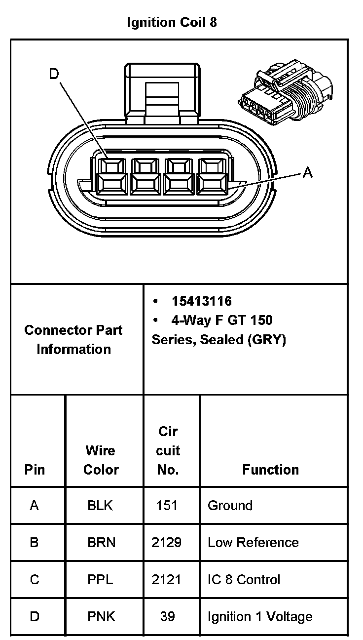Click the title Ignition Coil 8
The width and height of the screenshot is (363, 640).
coord(172,23)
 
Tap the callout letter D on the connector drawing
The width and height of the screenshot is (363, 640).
coord(54,74)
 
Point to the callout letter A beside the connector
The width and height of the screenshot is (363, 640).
coord(307,172)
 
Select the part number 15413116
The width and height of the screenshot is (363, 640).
coord(201,301)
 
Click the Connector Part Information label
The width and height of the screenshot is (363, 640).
coord(73,340)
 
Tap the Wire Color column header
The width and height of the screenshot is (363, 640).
coord(101,460)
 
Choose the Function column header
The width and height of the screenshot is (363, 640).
coord(270,470)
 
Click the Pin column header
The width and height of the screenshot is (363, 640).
coord(34,470)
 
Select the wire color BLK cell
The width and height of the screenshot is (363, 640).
coord(100,506)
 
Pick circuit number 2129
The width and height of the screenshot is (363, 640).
coord(167,543)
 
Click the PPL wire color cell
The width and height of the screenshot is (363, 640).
coord(100,580)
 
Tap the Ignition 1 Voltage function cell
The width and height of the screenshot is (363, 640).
coord(260,617)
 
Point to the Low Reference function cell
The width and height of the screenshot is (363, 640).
coord(253,543)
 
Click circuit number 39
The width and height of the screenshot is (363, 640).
coord(168,617)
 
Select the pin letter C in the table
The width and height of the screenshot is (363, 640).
coord(34,580)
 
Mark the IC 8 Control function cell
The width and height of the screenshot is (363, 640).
coord(244,580)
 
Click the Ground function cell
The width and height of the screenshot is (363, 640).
coord(230,506)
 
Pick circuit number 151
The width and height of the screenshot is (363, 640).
coord(167,506)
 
